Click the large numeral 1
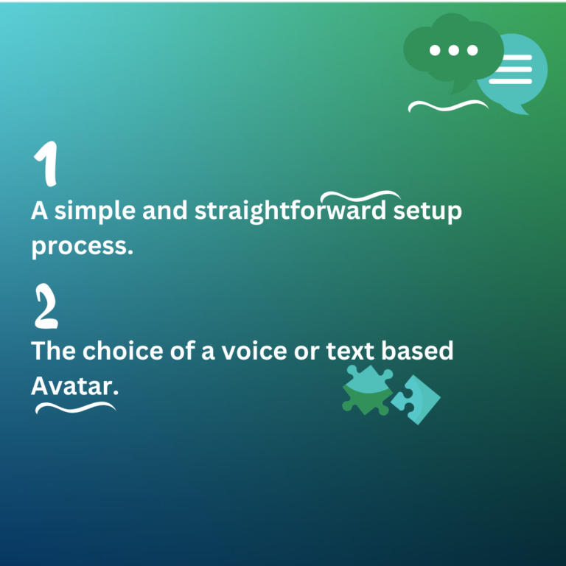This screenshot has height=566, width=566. coord(46,164)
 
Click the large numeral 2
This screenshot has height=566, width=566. coord(46,307)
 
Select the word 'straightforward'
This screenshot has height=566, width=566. coord(290,212)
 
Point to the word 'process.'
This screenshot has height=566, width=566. coord(82,247)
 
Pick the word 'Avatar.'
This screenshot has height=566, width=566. coord(74,385)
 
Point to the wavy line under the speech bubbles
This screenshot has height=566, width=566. coord(448,106)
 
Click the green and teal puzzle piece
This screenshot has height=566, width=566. coord(366,389)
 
